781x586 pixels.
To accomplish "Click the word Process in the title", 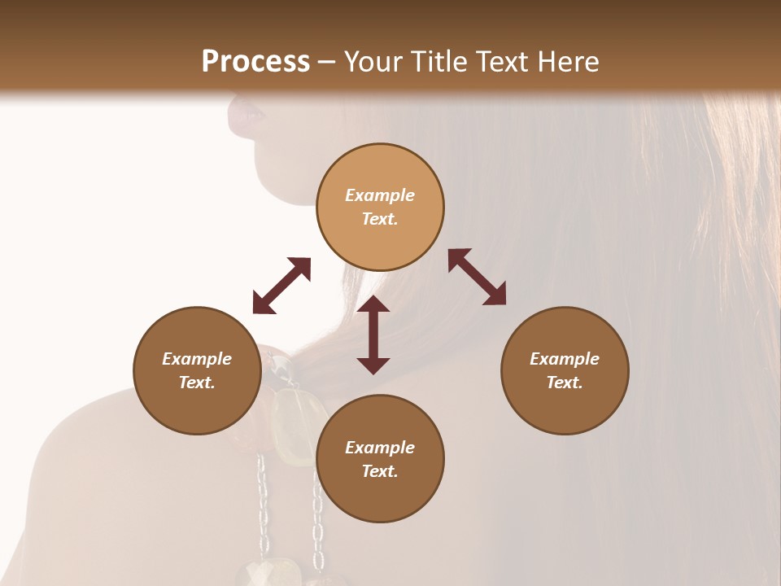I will [x=255, y=62].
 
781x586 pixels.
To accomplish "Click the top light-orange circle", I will [x=380, y=207].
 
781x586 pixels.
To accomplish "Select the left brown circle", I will [x=197, y=370].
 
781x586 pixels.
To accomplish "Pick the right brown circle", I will [x=565, y=370].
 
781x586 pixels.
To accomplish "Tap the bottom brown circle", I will [x=380, y=459].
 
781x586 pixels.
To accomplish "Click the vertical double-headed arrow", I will [x=373, y=335].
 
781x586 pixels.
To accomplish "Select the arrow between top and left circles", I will [x=281, y=286].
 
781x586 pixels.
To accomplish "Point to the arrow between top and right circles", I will [x=478, y=277].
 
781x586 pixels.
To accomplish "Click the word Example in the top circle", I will [x=380, y=195].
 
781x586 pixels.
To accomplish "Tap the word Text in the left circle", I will [x=197, y=383].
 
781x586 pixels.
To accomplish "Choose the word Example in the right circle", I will [x=565, y=359].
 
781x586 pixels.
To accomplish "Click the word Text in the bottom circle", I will [x=380, y=471].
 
